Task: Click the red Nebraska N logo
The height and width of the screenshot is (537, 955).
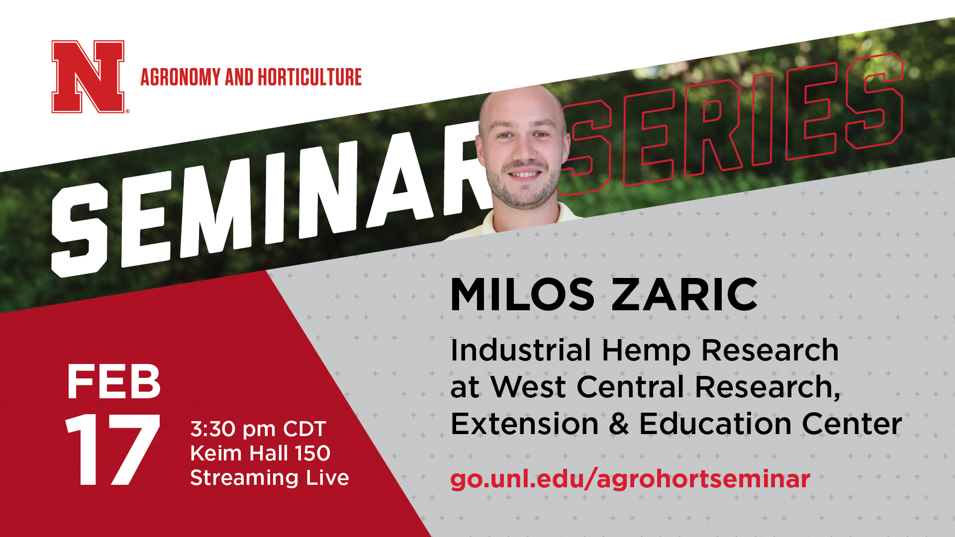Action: pyautogui.click(x=88, y=77)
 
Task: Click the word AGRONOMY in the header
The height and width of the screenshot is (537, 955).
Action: pyautogui.click(x=181, y=77)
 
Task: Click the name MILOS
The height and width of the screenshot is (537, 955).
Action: pyautogui.click(x=522, y=295)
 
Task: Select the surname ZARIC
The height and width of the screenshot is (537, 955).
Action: pyautogui.click(x=684, y=295)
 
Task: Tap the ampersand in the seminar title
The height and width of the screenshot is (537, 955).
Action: pyautogui.click(x=618, y=424)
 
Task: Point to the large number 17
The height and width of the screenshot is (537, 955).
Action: pyautogui.click(x=112, y=449)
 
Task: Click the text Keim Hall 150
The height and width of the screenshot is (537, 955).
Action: pyautogui.click(x=260, y=453)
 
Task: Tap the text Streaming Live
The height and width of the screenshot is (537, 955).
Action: pyautogui.click(x=270, y=478)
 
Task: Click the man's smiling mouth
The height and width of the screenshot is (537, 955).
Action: pyautogui.click(x=525, y=175)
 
